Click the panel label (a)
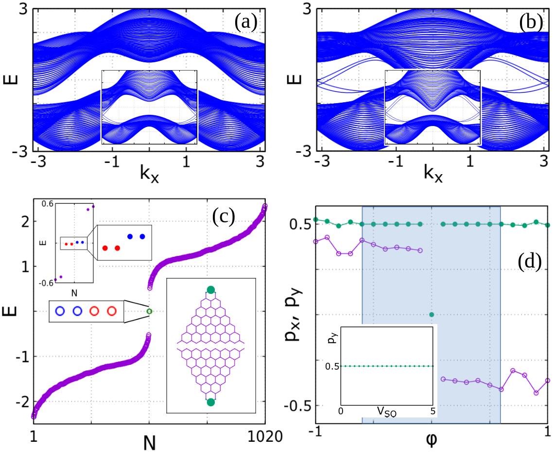pos(246,22)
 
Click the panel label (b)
pos(530,22)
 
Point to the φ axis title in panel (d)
pos(432,441)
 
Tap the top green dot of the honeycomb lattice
pos(210,290)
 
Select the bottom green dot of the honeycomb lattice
pos(210,402)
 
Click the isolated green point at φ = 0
pos(432,314)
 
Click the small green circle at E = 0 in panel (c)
pos(149,311)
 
